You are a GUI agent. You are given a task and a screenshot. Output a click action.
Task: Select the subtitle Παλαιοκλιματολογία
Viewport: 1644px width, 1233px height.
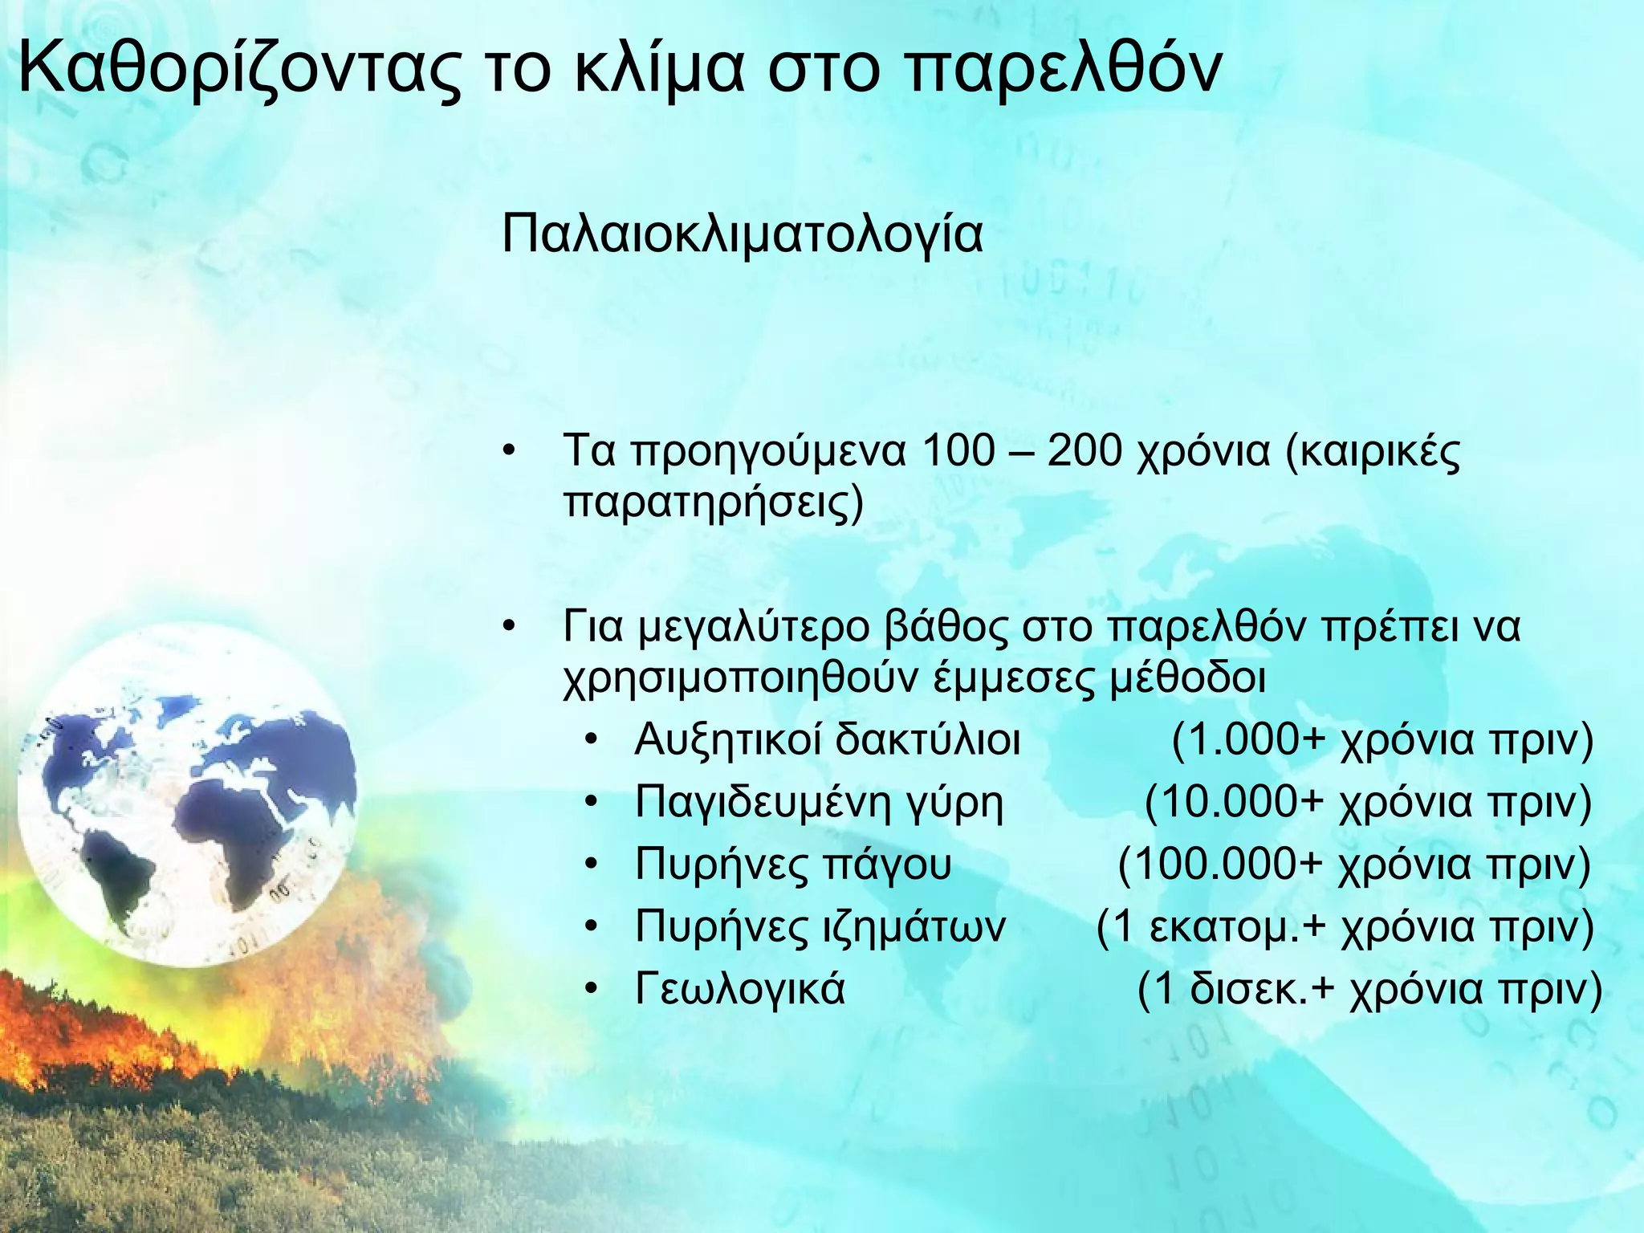(x=742, y=234)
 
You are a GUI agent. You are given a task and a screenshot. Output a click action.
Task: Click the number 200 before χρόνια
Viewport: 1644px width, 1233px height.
(x=1084, y=451)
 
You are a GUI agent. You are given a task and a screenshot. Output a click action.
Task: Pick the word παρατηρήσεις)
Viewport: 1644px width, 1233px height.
(x=713, y=503)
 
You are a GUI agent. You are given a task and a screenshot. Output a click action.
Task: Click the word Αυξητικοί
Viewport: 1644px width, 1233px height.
(x=726, y=739)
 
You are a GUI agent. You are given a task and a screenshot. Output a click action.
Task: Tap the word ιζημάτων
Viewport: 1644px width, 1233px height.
(x=914, y=926)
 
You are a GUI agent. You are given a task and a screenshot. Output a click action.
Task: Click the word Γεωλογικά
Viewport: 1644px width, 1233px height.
(x=739, y=988)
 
